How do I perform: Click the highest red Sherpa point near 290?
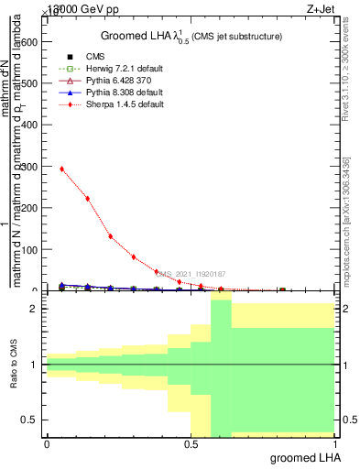coord(61,169)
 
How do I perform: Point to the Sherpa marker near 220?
coord(88,199)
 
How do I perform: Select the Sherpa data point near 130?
coord(111,236)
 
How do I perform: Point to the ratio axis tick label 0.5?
coord(29,420)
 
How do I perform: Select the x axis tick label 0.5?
coord(191,444)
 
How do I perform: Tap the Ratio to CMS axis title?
coord(14,365)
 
